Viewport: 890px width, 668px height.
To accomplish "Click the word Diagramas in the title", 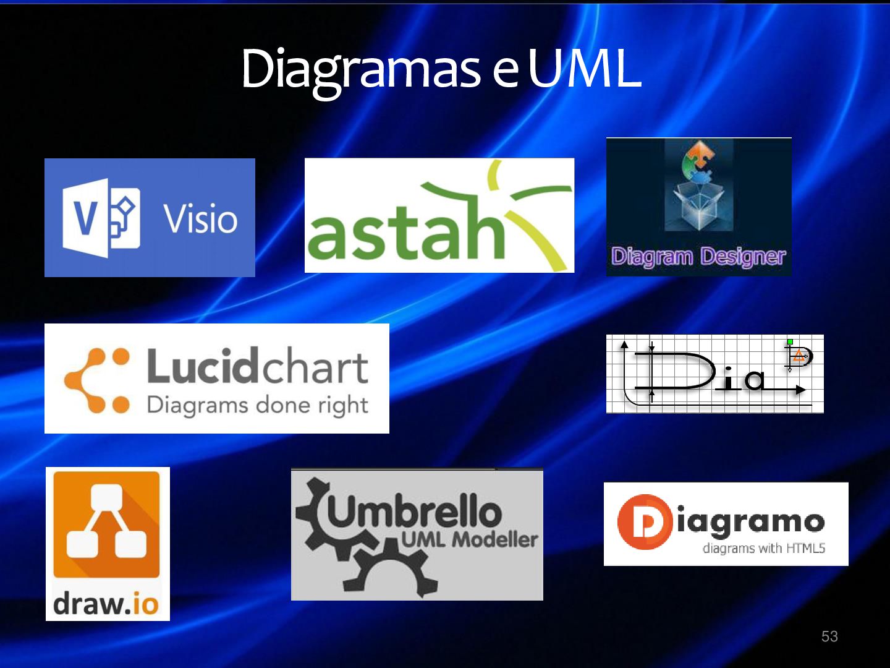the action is click(x=360, y=68).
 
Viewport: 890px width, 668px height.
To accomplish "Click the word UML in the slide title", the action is click(x=584, y=68).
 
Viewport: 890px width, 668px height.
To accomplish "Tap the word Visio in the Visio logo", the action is click(x=200, y=219).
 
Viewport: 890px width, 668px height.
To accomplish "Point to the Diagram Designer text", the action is click(x=698, y=256).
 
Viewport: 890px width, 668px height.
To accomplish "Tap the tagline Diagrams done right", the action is click(x=257, y=406).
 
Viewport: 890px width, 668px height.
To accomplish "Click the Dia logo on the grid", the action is click(x=714, y=374).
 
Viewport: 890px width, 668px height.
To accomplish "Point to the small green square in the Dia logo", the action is click(x=790, y=341).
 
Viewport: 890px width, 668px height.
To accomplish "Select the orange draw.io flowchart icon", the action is click(x=106, y=525).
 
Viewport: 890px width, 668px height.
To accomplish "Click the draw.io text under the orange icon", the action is click(x=106, y=604).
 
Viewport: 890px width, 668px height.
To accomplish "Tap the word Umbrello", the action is click(x=413, y=512).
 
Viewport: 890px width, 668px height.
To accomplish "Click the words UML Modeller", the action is click(x=469, y=540).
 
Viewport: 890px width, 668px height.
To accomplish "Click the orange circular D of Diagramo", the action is click(x=645, y=522).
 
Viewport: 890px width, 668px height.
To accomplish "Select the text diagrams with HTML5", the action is click(x=763, y=548).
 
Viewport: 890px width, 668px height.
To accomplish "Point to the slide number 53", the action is click(x=829, y=636).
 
